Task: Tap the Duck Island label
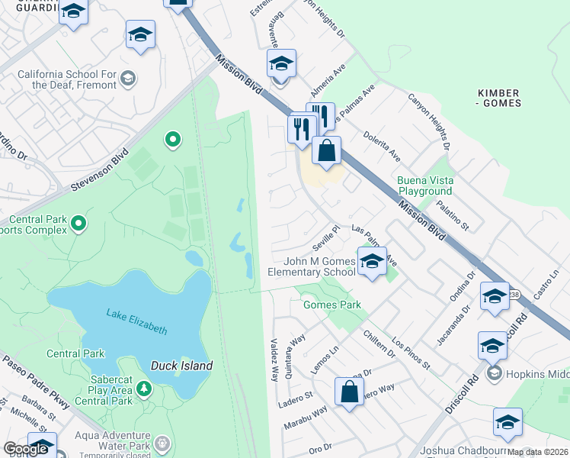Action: coord(181,366)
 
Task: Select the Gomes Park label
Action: coord(331,305)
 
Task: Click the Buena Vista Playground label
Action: coord(424,185)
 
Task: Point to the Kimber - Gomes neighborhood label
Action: coord(499,98)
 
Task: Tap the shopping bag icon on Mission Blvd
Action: coord(326,150)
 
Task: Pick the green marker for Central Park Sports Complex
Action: coord(78,224)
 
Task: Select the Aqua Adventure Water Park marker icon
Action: coord(161,443)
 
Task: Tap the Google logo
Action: coord(25,449)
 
